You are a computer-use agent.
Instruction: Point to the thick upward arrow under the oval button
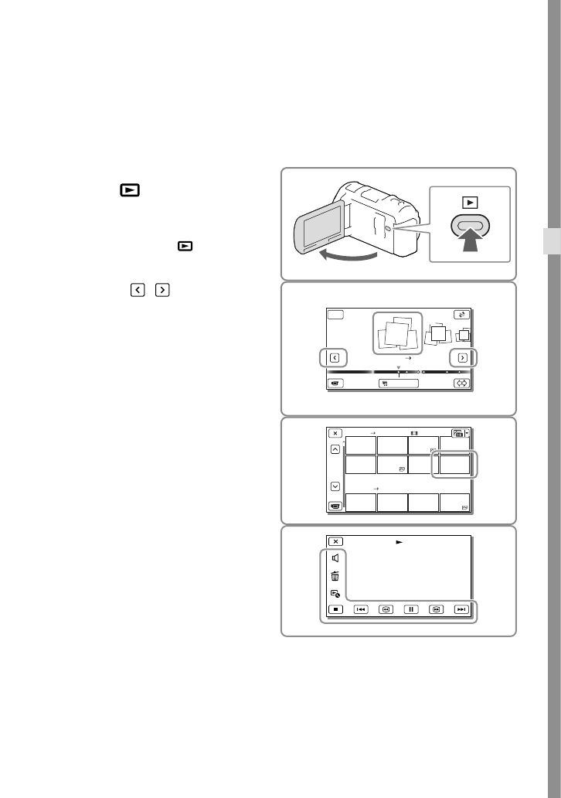(x=471, y=252)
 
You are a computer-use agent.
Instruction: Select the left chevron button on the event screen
(x=335, y=358)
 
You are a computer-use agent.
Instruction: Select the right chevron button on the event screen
(x=462, y=358)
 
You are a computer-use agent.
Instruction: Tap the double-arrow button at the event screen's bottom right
(x=462, y=382)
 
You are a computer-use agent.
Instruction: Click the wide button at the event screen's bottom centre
(x=399, y=382)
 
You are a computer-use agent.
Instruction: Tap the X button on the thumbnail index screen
(x=335, y=434)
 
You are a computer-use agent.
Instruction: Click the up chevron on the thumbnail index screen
(x=335, y=451)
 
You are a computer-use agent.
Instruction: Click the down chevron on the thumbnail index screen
(x=335, y=486)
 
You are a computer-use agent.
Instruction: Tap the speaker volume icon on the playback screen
(x=335, y=558)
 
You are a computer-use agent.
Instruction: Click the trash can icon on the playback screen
(x=335, y=575)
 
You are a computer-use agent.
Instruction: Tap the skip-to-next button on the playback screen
(x=461, y=609)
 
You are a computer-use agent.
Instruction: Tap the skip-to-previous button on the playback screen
(x=360, y=609)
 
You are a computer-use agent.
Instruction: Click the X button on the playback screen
(x=335, y=541)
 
